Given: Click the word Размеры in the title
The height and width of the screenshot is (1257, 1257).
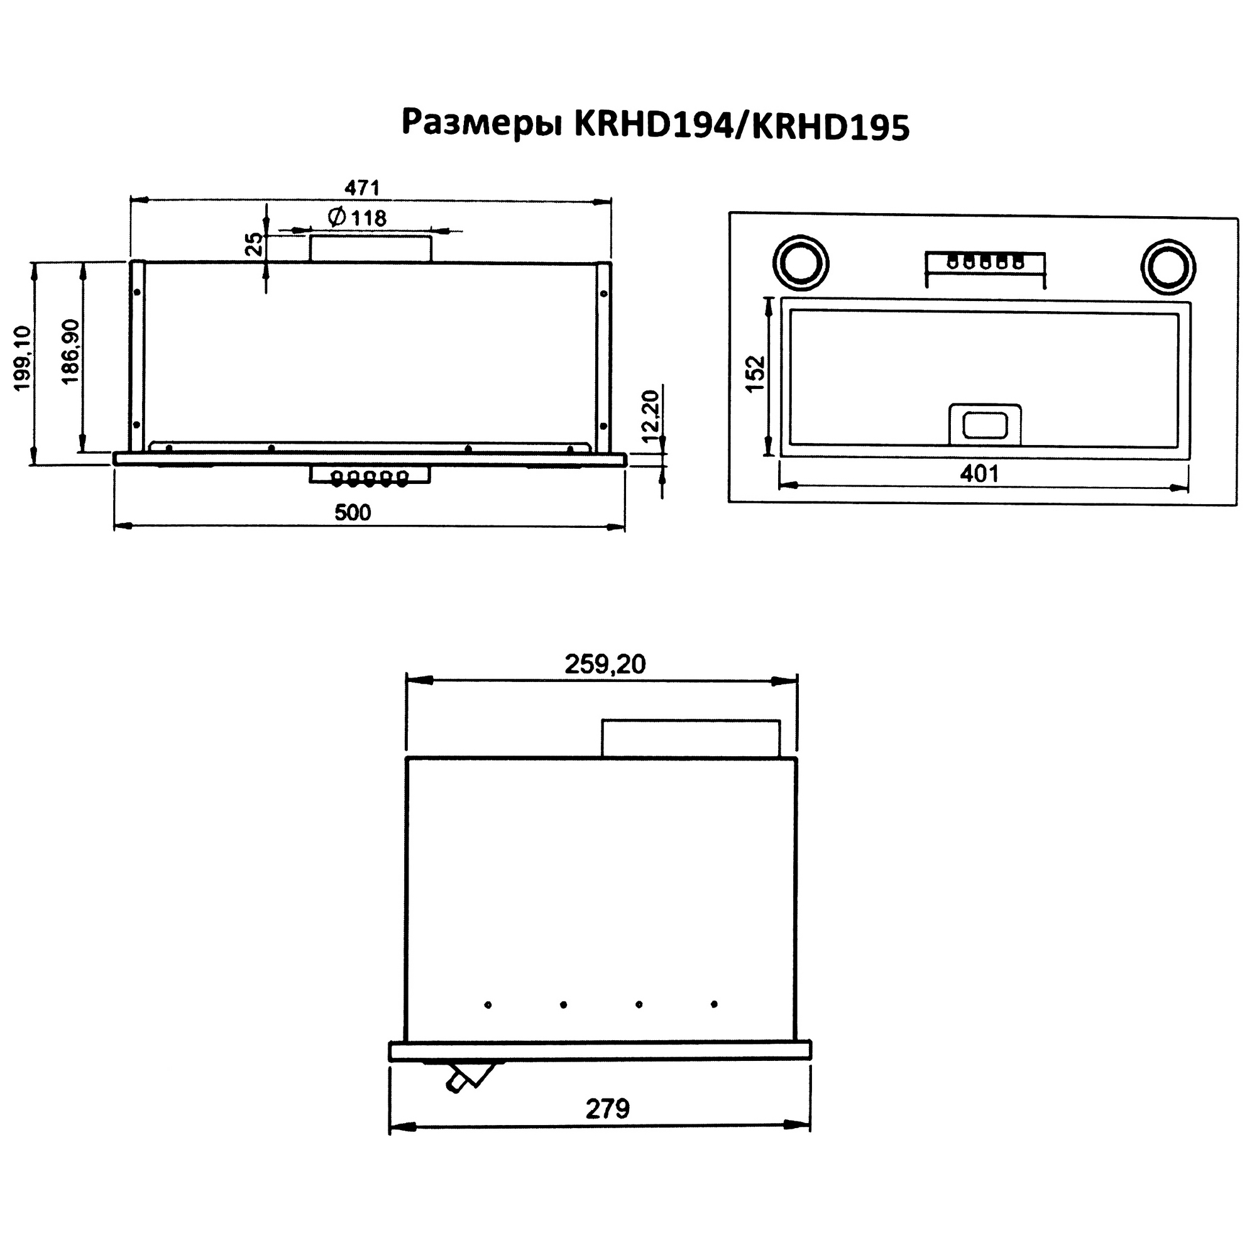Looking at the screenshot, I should pyautogui.click(x=481, y=124).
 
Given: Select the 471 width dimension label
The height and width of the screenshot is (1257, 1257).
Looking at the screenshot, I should pyautogui.click(x=362, y=188).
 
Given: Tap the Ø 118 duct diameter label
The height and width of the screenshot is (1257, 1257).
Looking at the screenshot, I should pyautogui.click(x=357, y=217).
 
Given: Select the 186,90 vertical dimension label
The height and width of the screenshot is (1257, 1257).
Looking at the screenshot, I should pyautogui.click(x=71, y=352).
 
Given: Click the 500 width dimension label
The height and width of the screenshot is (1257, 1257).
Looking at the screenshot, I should pyautogui.click(x=353, y=513).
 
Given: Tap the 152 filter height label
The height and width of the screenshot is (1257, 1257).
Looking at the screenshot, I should pyautogui.click(x=755, y=373).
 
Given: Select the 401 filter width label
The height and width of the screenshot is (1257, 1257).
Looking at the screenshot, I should pyautogui.click(x=979, y=474).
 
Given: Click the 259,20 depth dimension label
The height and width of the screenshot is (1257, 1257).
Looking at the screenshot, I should pyautogui.click(x=605, y=664).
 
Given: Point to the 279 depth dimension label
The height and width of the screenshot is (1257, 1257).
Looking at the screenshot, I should pyautogui.click(x=607, y=1109).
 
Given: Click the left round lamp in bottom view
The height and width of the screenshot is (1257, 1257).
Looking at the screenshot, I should pyautogui.click(x=801, y=263).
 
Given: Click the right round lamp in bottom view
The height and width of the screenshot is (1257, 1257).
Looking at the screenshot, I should pyautogui.click(x=1168, y=267).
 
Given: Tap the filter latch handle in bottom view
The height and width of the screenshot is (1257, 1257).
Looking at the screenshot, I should pyautogui.click(x=984, y=425).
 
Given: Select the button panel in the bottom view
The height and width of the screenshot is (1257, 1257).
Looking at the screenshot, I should pyautogui.click(x=985, y=263).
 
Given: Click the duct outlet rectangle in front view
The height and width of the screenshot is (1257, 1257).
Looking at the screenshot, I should pyautogui.click(x=370, y=249).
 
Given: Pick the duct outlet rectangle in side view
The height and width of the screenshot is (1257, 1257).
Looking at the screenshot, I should pyautogui.click(x=690, y=738).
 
